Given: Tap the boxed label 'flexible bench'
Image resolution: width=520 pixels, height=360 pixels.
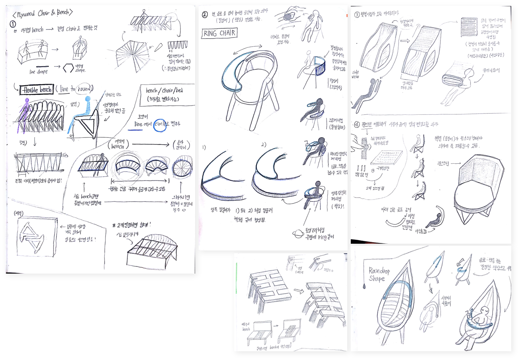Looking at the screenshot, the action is point(36,90).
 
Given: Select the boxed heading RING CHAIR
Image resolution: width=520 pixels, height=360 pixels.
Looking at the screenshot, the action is point(220,33).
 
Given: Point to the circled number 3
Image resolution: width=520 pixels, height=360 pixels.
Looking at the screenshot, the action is point(357,15).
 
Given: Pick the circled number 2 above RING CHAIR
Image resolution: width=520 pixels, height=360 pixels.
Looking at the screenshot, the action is point(205,15).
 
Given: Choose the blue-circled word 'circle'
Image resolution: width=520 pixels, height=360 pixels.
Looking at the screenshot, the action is point(160,124).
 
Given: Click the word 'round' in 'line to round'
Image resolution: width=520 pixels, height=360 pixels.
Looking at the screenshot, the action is point(84,88).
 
